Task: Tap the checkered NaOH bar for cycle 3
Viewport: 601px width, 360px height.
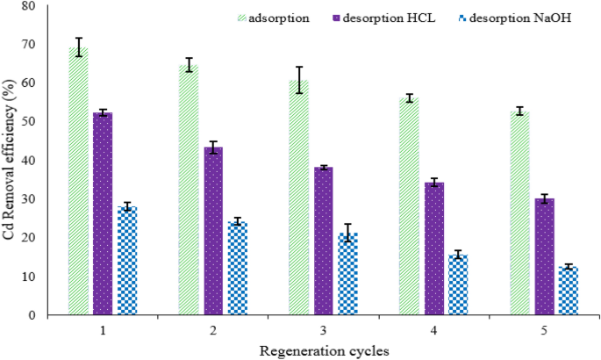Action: click(x=347, y=274)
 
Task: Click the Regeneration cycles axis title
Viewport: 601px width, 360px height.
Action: click(x=324, y=349)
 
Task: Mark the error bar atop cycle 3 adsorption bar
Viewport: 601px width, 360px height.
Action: click(x=299, y=79)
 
